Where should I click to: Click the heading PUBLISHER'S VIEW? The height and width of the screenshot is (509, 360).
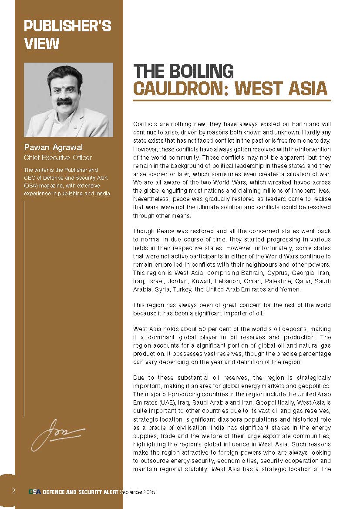coord(67,34)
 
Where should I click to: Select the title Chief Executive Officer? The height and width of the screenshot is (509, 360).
coord(58,157)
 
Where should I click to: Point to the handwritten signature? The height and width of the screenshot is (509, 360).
coord(57,433)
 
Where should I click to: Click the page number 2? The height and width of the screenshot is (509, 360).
coord(13,491)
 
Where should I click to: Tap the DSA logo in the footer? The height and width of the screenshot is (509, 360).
coord(35,492)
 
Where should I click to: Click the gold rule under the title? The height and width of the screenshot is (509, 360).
coord(232,100)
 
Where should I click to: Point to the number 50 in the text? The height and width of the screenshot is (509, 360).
coord(193,330)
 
